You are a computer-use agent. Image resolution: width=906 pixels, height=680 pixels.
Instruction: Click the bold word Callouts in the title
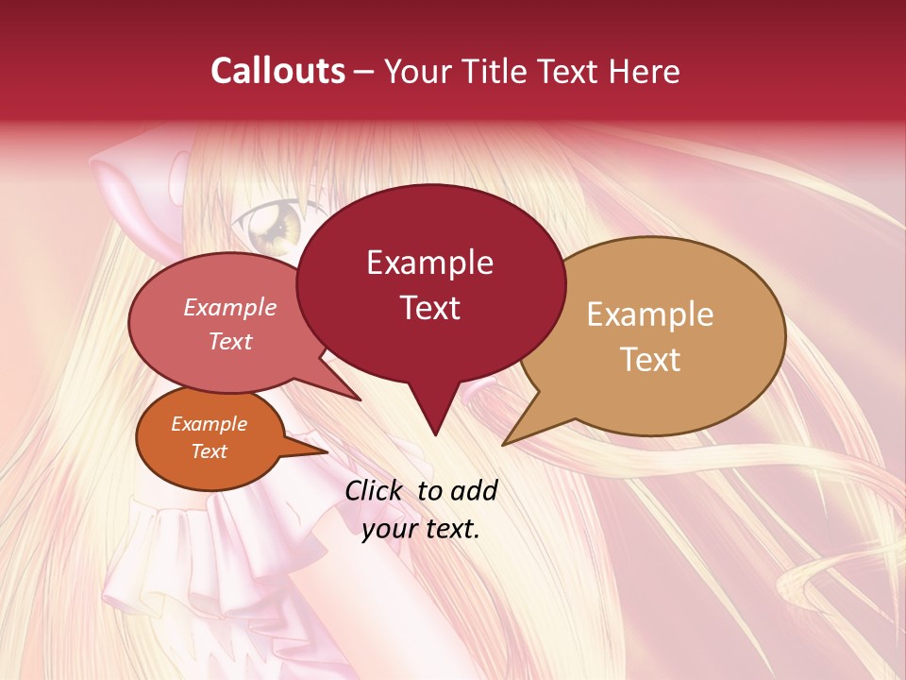(x=278, y=71)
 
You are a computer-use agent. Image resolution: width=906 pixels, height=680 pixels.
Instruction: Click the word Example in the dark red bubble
(x=429, y=262)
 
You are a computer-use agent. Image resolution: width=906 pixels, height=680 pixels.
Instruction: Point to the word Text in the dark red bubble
(x=429, y=308)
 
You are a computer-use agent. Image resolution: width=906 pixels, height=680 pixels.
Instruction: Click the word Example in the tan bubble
(x=650, y=314)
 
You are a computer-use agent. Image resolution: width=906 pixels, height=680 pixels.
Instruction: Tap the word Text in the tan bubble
(x=650, y=360)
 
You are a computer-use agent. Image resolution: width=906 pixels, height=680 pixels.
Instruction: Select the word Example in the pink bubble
(x=229, y=307)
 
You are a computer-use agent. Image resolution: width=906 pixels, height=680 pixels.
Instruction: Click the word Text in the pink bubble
(x=229, y=341)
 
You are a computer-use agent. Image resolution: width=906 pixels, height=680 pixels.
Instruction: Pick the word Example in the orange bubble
(x=209, y=424)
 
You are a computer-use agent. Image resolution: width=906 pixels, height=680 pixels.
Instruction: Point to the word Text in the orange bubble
(x=209, y=451)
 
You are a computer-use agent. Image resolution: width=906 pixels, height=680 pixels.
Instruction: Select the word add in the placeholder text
(x=475, y=490)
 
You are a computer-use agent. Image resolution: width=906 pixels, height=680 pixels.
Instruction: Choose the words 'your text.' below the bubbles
(x=421, y=529)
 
